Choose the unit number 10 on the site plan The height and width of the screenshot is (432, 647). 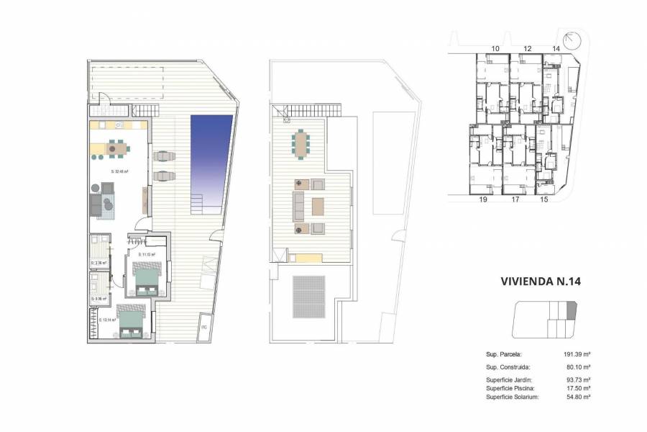pyautogui.click(x=495, y=49)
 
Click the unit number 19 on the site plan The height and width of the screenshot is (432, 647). pyautogui.click(x=483, y=202)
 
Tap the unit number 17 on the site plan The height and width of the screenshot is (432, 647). pyautogui.click(x=515, y=202)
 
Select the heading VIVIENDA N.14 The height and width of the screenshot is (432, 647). pyautogui.click(x=540, y=283)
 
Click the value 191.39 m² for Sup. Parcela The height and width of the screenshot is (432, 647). pyautogui.click(x=577, y=355)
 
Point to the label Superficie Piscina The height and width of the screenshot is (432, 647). pyautogui.click(x=510, y=388)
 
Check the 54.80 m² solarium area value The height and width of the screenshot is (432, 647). pyautogui.click(x=577, y=397)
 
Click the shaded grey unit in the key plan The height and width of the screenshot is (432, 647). pyautogui.click(x=572, y=310)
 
